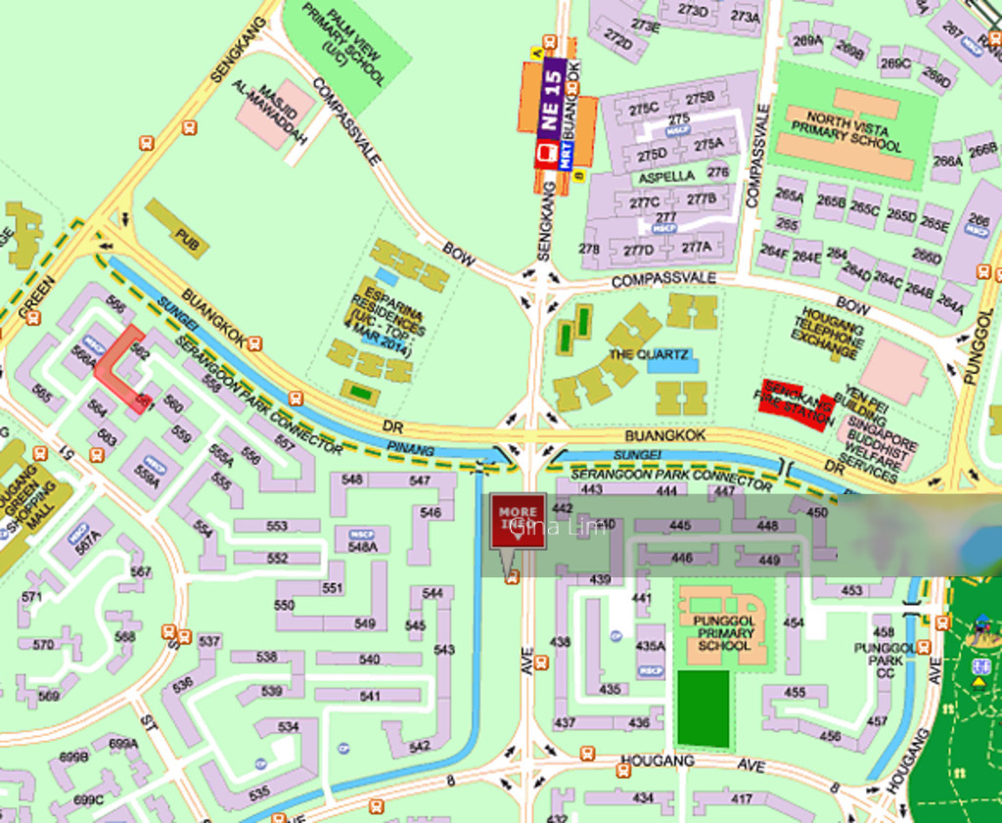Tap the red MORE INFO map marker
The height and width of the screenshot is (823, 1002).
pos(518,525)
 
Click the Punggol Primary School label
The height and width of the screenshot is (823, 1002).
pos(724,633)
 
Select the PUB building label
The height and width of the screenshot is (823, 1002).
pos(186,235)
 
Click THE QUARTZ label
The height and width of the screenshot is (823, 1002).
pos(648,353)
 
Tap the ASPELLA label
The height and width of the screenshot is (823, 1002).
pos(666,177)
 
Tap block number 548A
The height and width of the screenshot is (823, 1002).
pos(361,547)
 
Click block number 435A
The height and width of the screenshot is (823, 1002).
pos(650,646)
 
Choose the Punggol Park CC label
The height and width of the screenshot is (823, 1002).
pos(877,655)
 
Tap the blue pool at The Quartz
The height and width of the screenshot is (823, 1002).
pos(685,363)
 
